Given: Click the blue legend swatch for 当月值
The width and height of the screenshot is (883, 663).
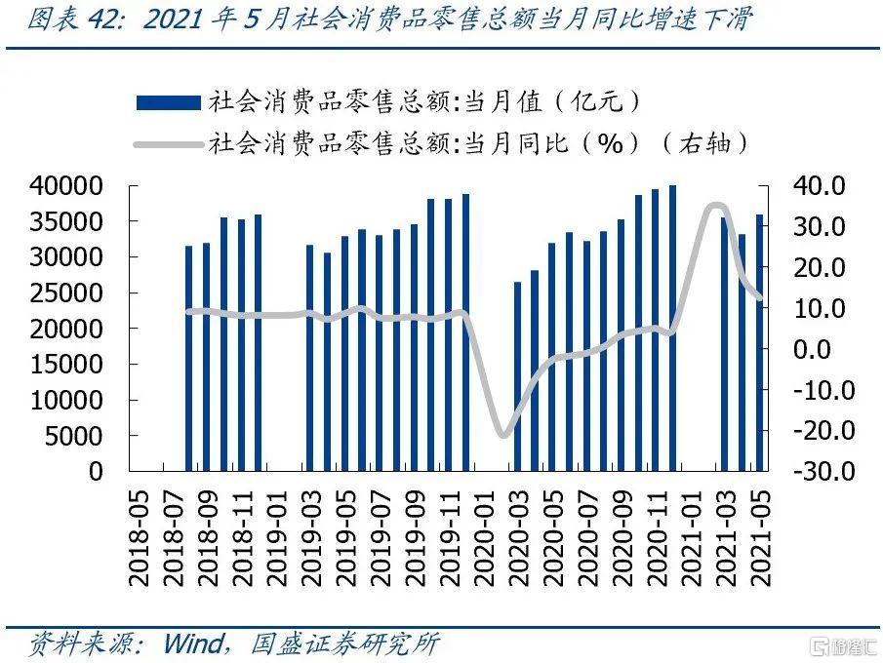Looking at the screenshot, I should point(168,102).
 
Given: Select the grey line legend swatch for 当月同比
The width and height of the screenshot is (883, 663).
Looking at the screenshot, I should point(168,143).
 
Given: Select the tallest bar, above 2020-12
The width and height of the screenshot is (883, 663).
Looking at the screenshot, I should point(672,328).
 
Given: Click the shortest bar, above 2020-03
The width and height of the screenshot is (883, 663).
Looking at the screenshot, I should point(517,376).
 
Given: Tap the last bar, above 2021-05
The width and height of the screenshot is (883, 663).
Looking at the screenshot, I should point(759,342).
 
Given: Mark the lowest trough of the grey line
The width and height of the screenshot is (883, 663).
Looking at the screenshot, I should point(502,435).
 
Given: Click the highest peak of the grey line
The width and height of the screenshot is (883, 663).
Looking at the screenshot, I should point(717,205).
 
